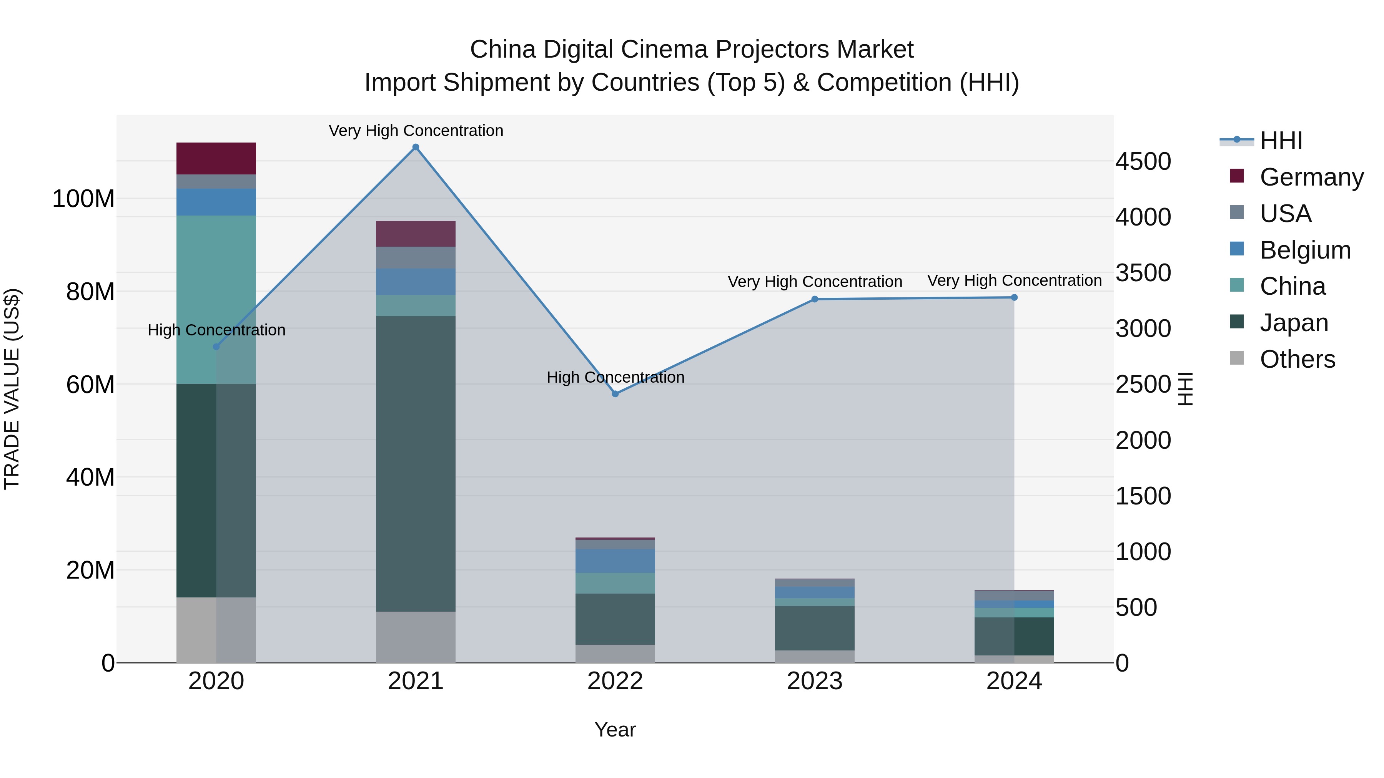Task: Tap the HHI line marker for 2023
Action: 815,299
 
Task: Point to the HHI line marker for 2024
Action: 1015,297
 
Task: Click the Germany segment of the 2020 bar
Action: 216,158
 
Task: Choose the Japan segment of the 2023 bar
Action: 815,628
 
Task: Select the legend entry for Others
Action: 1297,359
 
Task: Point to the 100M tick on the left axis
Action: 83,199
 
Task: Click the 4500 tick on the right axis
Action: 1143,162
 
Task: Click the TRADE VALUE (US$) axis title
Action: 12,389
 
